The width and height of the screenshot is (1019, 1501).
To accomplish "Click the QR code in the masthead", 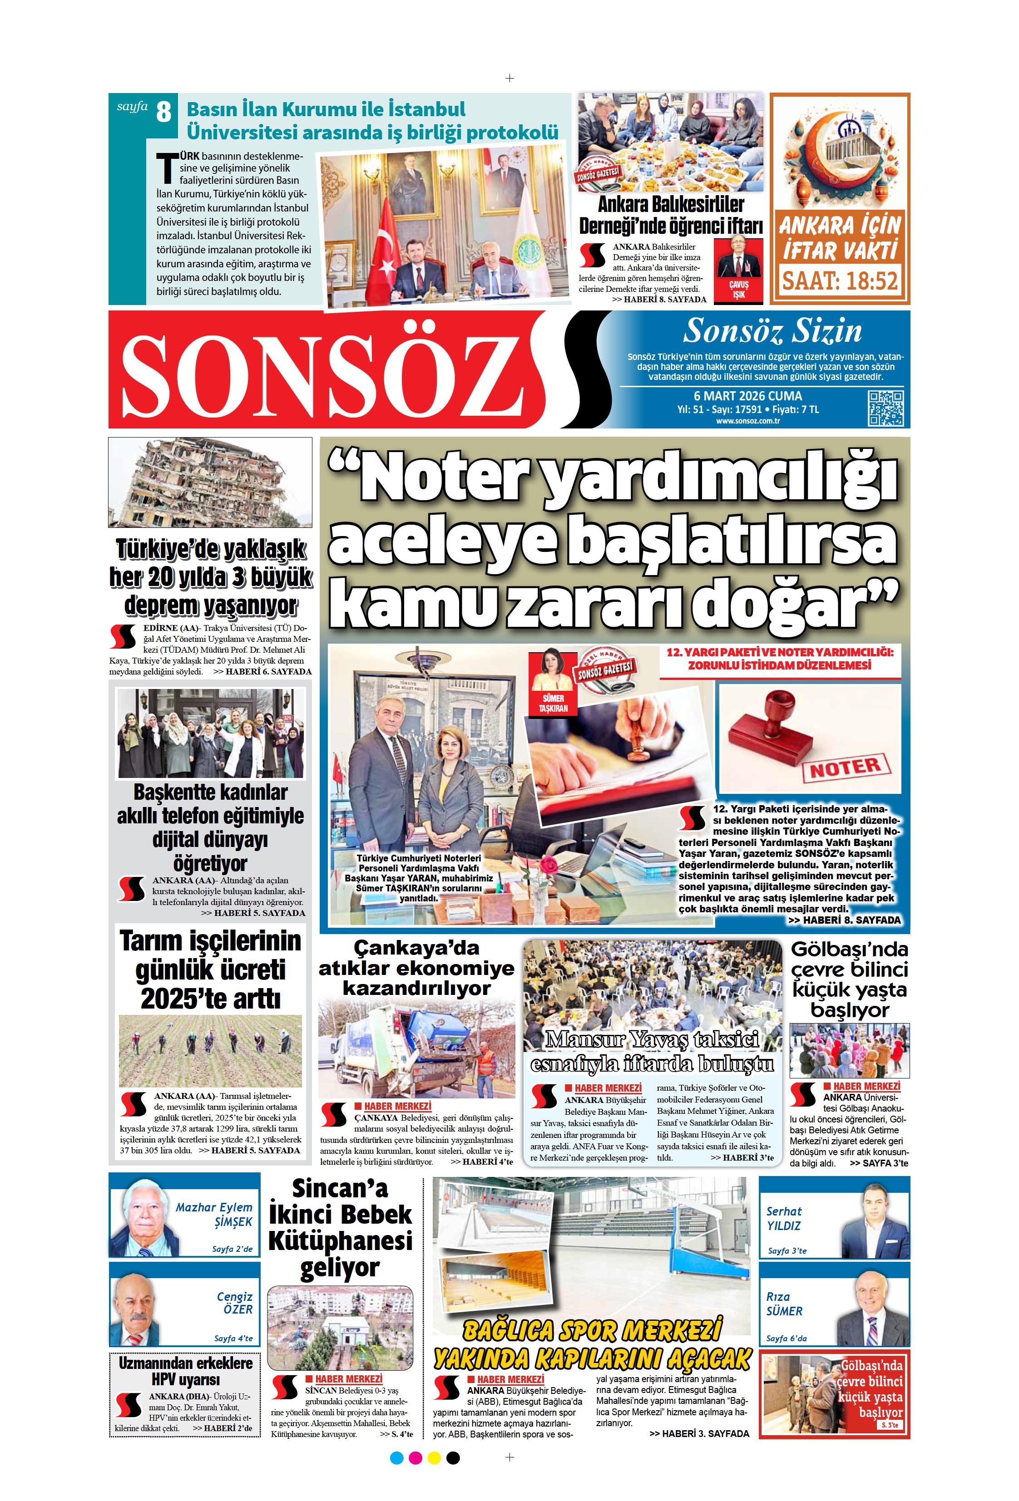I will pyautogui.click(x=885, y=408).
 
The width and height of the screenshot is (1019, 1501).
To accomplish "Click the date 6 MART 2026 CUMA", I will pyautogui.click(x=747, y=396).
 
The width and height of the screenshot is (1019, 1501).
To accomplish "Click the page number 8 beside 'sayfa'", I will pyautogui.click(x=163, y=113).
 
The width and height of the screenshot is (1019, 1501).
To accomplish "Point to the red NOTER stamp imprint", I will pyautogui.click(x=845, y=768).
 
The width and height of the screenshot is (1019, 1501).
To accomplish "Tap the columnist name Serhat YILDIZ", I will pyautogui.click(x=784, y=1219).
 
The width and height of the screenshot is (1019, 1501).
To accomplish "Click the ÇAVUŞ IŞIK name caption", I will pyautogui.click(x=738, y=289).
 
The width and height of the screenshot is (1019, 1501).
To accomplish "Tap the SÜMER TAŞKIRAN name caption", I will pyautogui.click(x=553, y=704).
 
